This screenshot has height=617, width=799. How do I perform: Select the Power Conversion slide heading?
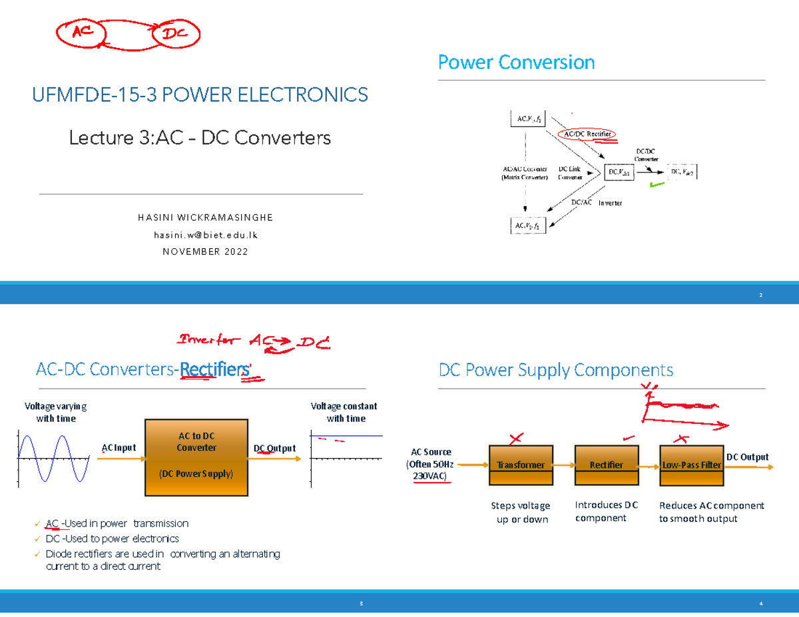click(x=515, y=63)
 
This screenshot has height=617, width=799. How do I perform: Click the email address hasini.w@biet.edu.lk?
click(x=205, y=235)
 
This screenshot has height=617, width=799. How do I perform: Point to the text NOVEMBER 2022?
click(x=205, y=252)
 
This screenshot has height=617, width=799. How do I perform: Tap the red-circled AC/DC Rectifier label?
click(x=588, y=134)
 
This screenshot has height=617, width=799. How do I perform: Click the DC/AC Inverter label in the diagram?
click(x=597, y=202)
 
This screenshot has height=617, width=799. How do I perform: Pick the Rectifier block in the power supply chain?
click(x=606, y=465)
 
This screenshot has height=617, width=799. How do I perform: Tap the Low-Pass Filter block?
click(x=691, y=465)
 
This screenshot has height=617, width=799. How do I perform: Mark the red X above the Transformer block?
click(x=515, y=439)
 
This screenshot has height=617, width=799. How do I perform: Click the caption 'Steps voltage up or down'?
click(x=520, y=512)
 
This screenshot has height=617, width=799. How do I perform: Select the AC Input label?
click(x=119, y=448)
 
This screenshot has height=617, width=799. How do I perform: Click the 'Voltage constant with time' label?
click(x=344, y=412)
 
